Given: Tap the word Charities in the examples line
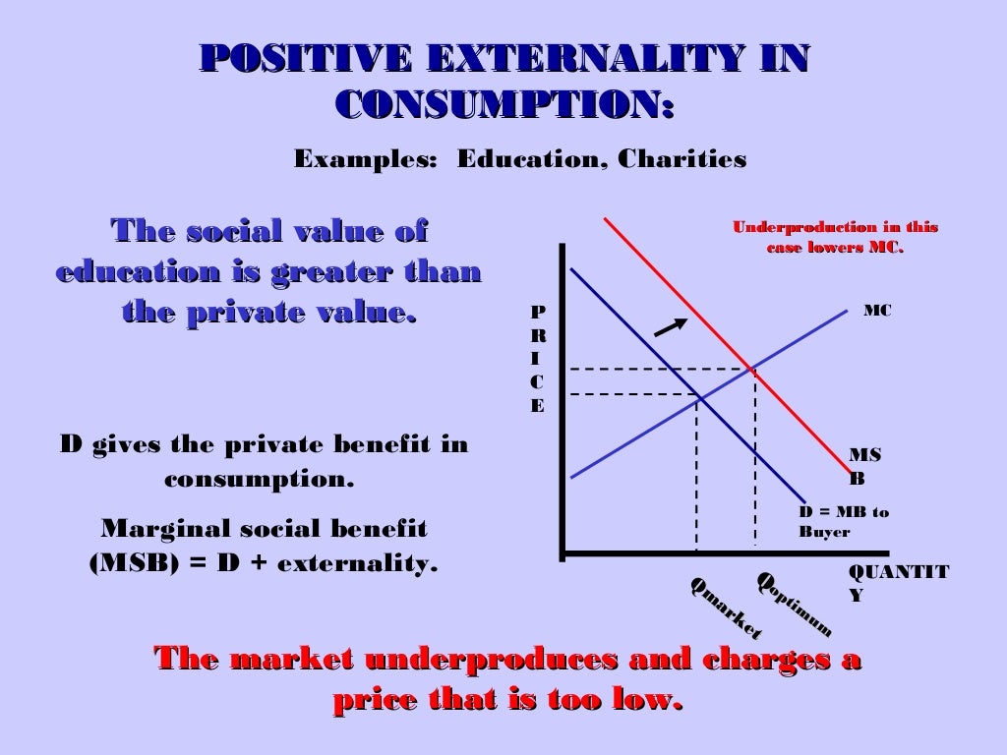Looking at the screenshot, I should tap(681, 159).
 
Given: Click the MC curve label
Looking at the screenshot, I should tap(877, 311).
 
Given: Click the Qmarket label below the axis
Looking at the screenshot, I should tap(726, 607).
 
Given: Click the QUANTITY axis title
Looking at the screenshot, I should tap(897, 583).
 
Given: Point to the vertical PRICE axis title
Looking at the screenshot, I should tap(537, 359).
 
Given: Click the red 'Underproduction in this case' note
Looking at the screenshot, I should tap(835, 237).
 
